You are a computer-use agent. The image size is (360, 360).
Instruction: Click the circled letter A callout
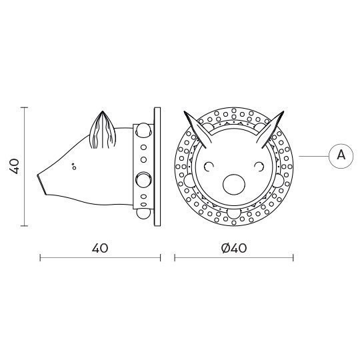[341, 155]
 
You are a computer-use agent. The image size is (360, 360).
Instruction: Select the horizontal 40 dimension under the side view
[99, 248]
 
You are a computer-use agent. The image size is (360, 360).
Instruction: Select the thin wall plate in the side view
[157, 167]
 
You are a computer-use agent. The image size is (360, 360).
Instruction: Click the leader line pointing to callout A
[313, 155]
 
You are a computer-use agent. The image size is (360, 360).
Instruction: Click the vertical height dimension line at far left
[25, 167]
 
